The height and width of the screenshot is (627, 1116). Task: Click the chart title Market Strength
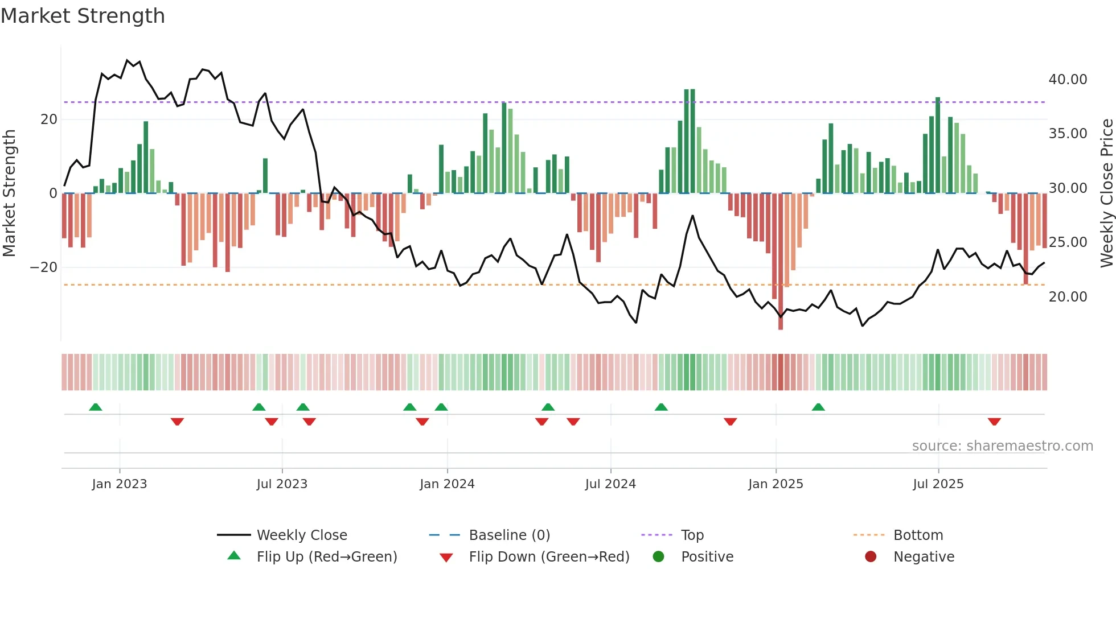[x=83, y=16]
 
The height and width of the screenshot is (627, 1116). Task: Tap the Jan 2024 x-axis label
[x=447, y=484]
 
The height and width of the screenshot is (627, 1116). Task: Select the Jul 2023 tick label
[x=282, y=484]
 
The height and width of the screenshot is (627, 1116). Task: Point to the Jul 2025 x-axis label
[x=938, y=484]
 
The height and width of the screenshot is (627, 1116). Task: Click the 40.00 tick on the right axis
[x=1068, y=80]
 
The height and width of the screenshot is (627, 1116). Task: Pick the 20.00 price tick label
[x=1068, y=297]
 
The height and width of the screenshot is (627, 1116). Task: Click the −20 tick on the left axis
[x=44, y=267]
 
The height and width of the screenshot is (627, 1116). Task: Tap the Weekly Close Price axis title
[x=1106, y=193]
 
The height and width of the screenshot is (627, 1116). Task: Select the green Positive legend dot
[x=659, y=557]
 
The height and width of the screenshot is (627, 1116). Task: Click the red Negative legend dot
[x=871, y=557]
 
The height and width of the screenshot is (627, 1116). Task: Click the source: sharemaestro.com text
[x=1002, y=446]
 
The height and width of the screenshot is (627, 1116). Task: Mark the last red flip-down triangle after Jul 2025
[x=994, y=422]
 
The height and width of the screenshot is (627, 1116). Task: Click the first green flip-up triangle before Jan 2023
[x=96, y=407]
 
